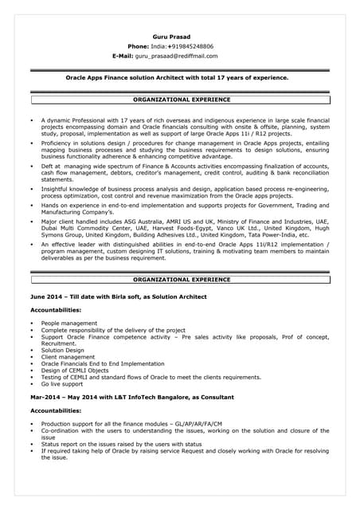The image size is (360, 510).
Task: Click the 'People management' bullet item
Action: click(69, 324)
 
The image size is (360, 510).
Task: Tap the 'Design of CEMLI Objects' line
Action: click(75, 370)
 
